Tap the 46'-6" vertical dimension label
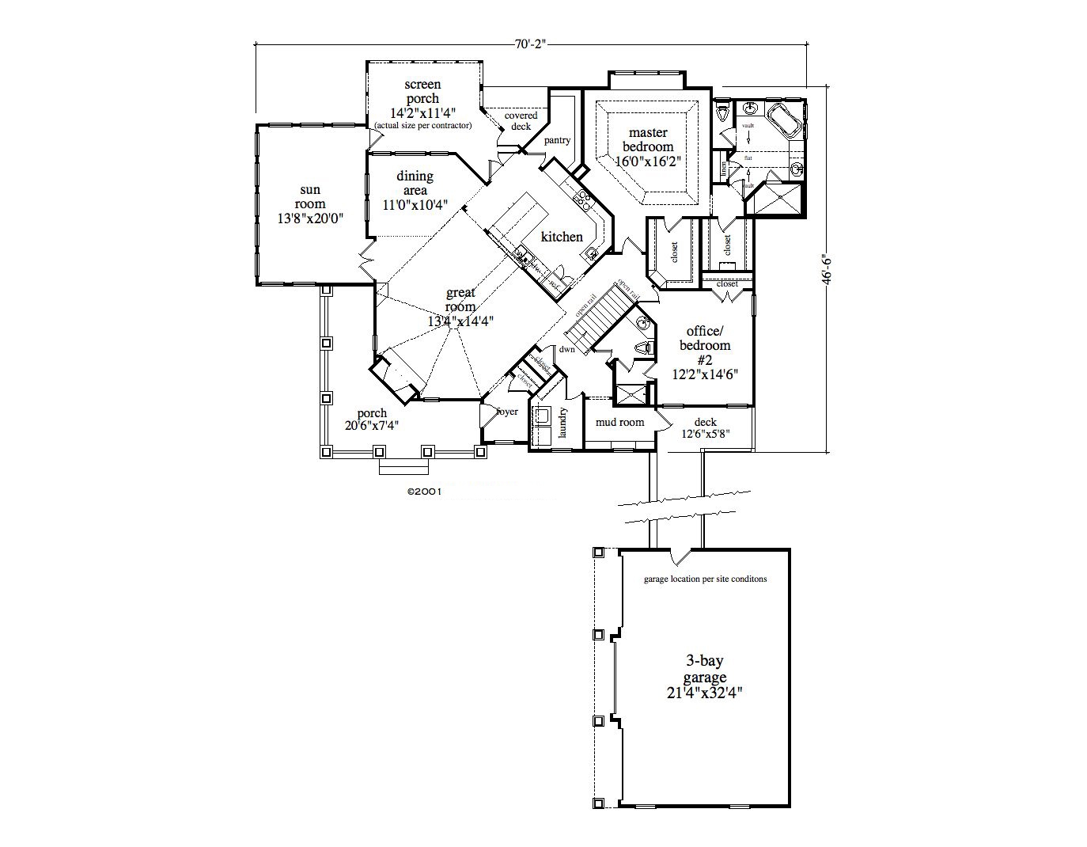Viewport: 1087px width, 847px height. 827,269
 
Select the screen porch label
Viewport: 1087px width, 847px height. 422,91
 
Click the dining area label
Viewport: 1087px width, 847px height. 415,183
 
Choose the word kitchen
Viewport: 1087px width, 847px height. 562,237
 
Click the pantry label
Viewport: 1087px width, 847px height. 557,141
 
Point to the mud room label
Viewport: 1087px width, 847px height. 620,423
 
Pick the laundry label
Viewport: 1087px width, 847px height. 562,423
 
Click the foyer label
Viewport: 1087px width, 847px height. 506,412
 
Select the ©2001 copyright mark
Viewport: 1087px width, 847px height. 424,491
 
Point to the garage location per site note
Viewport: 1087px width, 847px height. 705,579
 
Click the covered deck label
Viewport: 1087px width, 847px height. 521,120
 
